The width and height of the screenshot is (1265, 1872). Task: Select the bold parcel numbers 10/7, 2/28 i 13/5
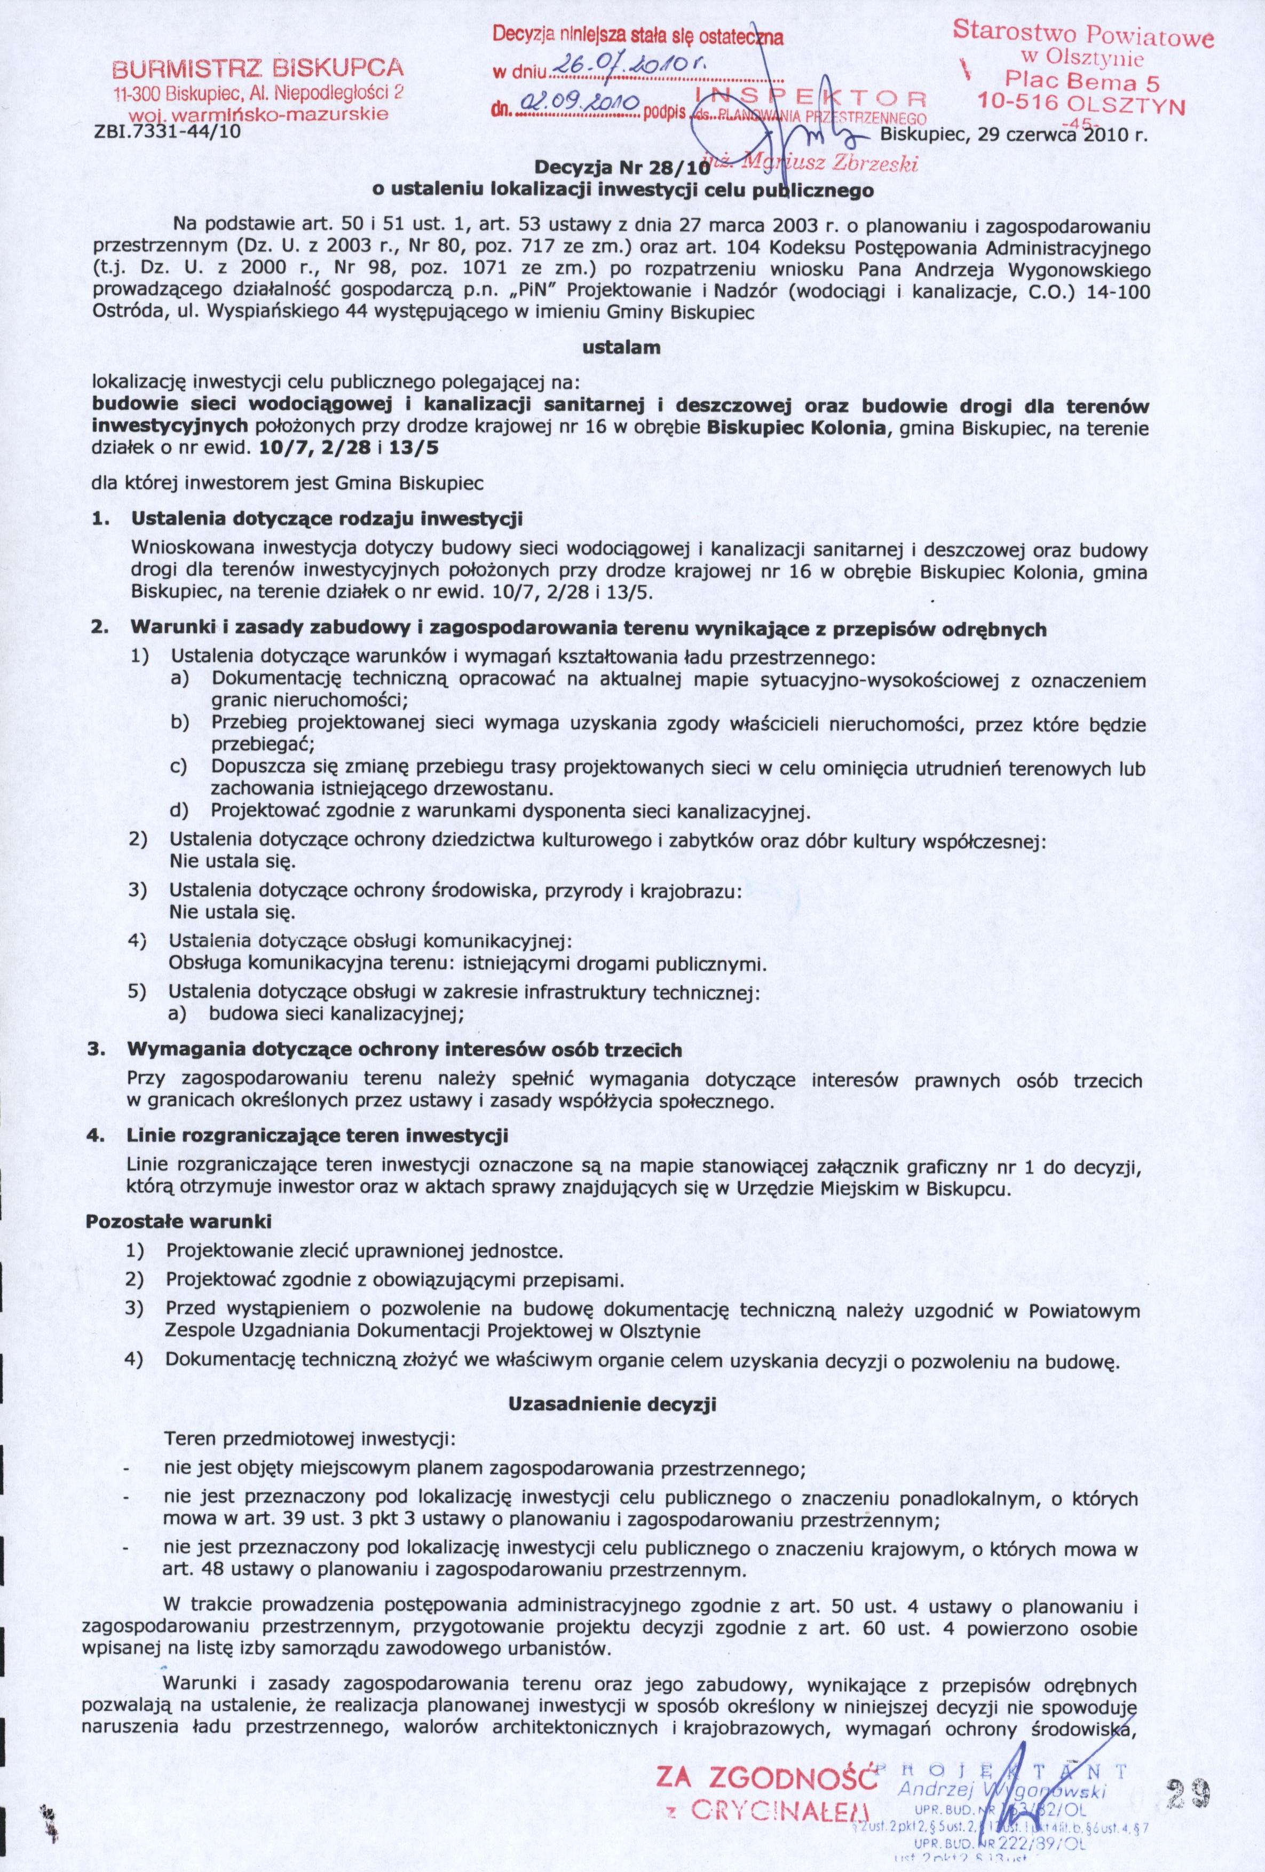click(x=350, y=450)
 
